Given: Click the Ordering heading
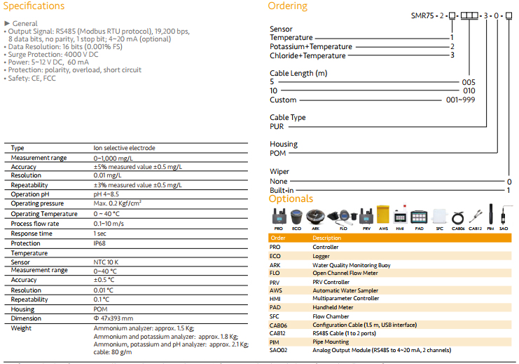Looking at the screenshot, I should pos(287,6).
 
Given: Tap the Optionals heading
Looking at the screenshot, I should pos(291,198).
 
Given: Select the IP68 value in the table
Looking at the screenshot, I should pos(101,243).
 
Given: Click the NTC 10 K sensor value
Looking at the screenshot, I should pos(106,262).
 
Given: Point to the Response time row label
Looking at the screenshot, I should pos(32,234).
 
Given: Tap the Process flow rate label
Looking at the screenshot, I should pos(36,224).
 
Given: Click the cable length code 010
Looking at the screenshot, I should pos(469,90).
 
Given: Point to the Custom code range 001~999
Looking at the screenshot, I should pos(460,100).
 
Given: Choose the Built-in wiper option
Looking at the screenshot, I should pos(282,190).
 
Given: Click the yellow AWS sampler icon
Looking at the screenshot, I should pos(383,215).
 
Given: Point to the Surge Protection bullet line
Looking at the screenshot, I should pos(52,54).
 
